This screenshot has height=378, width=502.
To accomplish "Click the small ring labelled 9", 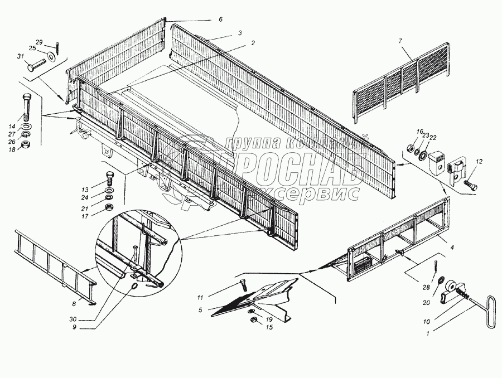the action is pos(135,286).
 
